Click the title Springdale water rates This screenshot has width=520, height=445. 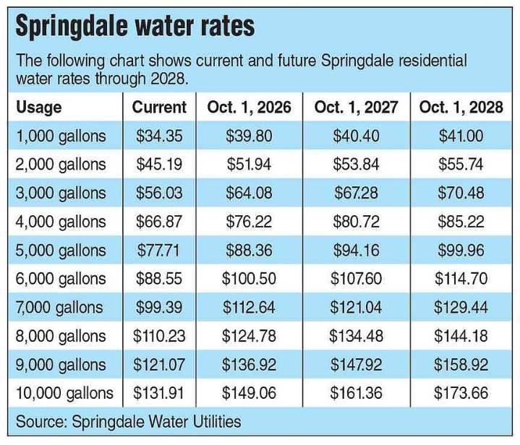coord(135,27)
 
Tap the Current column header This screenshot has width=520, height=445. coord(159,108)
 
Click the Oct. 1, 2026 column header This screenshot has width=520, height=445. coord(249,108)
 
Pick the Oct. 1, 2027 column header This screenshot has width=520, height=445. coord(355,108)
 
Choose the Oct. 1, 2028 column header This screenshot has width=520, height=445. coord(461,108)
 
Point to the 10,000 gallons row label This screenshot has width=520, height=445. coord(64,393)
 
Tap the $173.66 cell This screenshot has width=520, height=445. coord(461,393)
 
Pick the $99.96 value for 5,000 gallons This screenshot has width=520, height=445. coord(461,251)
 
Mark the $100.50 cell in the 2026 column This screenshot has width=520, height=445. coord(249,279)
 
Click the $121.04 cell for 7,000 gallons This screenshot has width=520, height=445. coord(355,308)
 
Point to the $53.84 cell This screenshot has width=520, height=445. coord(355,165)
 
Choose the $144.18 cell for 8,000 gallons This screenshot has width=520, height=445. coord(461,336)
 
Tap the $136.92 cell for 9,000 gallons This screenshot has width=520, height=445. coord(249,365)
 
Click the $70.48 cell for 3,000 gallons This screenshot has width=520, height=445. coord(461,194)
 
